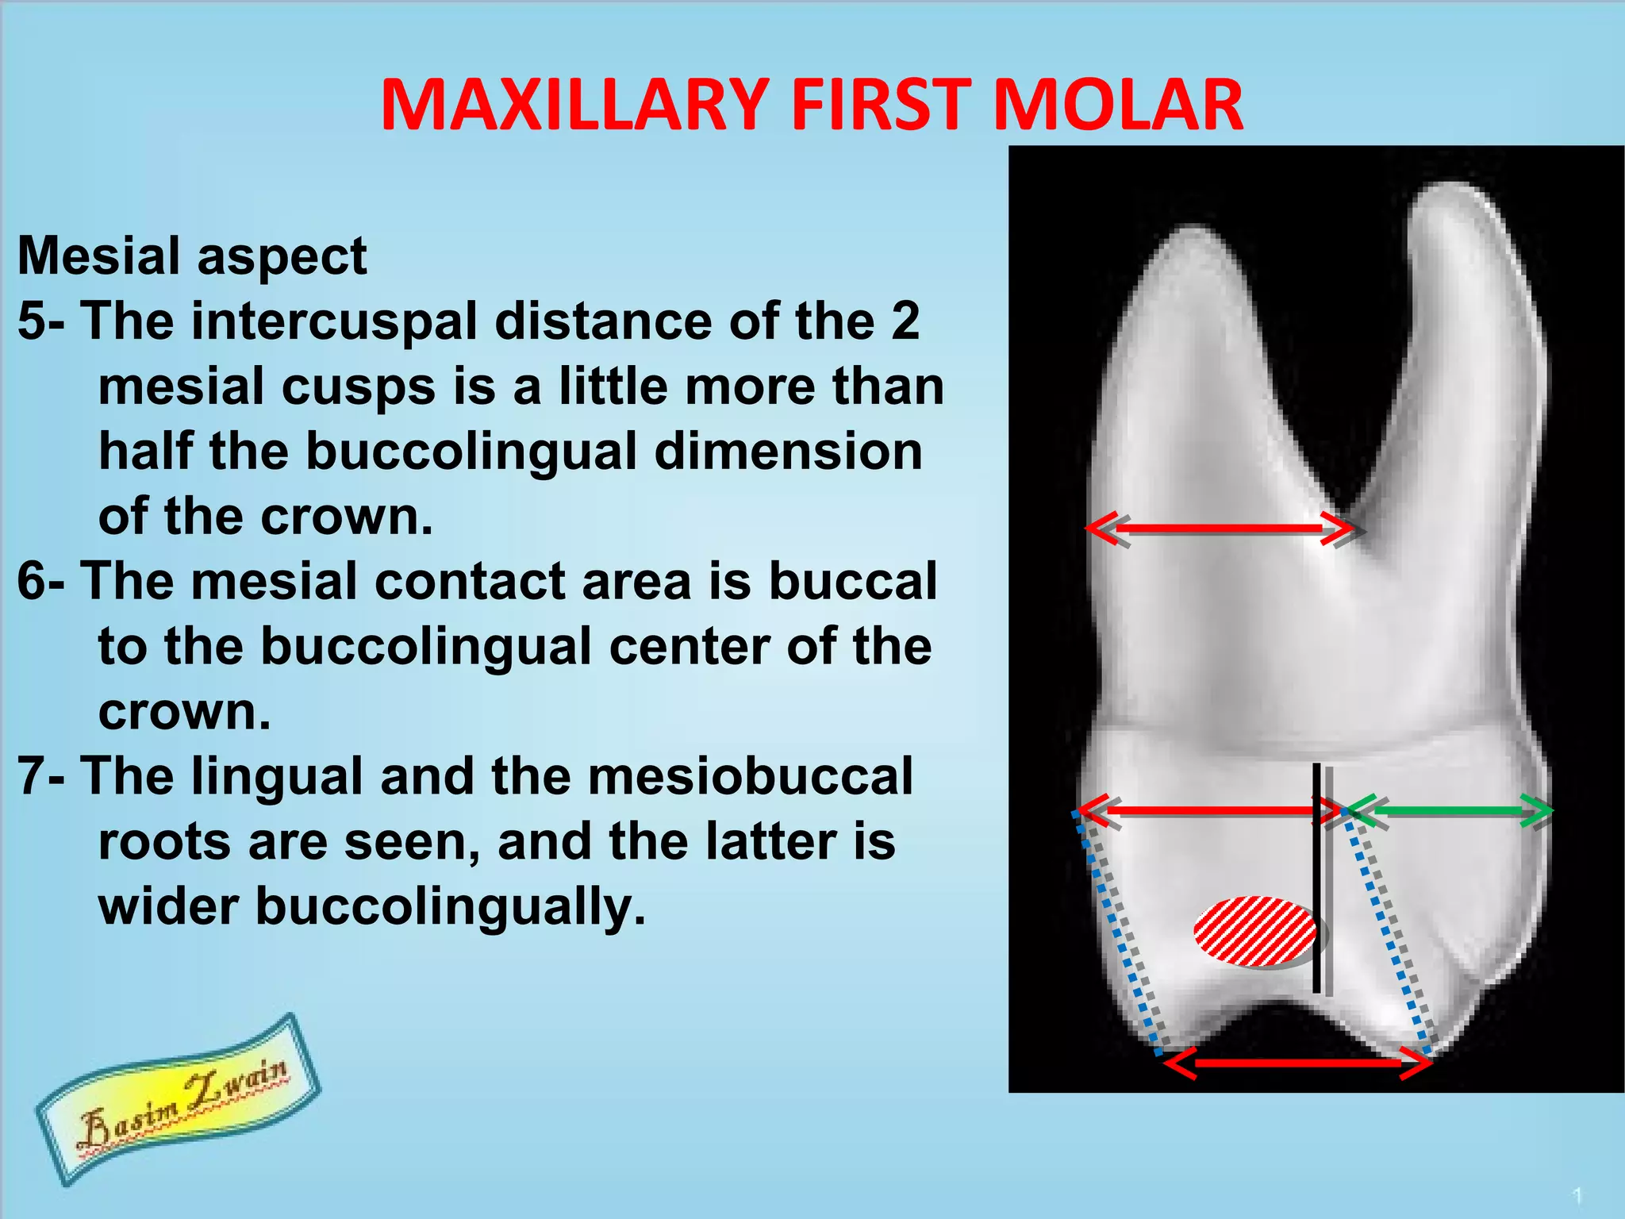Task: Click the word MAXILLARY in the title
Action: pos(573,105)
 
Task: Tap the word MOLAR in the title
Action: pos(1117,105)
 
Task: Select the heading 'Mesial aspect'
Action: pos(192,256)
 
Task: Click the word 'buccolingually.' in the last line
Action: pos(451,906)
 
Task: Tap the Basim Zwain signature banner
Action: pos(179,1099)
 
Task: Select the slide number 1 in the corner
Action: pos(1578,1195)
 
